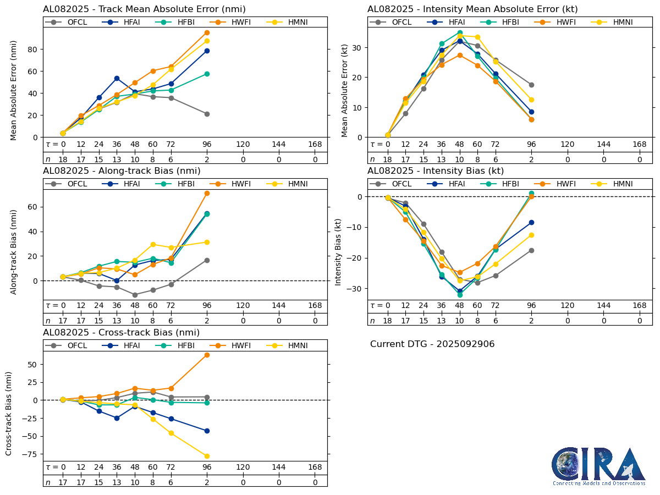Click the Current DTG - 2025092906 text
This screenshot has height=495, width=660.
[432, 344]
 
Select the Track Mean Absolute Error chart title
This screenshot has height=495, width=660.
[144, 9]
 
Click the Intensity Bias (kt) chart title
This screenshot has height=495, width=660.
[436, 170]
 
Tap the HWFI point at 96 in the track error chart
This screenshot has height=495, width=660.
[207, 32]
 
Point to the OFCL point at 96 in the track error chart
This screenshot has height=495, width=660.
[207, 114]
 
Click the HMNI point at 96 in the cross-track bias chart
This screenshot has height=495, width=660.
[207, 456]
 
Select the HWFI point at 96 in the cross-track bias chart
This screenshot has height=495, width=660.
[207, 355]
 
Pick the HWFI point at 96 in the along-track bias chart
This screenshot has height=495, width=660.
[207, 193]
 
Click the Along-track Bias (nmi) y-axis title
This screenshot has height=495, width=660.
[14, 244]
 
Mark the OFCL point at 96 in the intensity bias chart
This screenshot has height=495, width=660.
[531, 250]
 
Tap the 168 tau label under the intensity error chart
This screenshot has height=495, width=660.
[640, 144]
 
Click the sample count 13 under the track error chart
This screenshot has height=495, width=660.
[117, 159]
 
